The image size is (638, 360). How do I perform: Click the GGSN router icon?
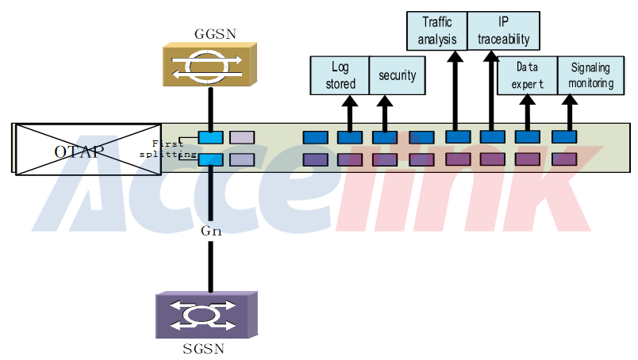(209, 65)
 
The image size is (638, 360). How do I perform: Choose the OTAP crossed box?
(87, 148)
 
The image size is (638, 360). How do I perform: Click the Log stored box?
(339, 75)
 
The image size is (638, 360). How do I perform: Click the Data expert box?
(526, 75)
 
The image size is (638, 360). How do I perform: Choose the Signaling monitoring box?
(590, 75)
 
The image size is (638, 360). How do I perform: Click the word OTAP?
(78, 151)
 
